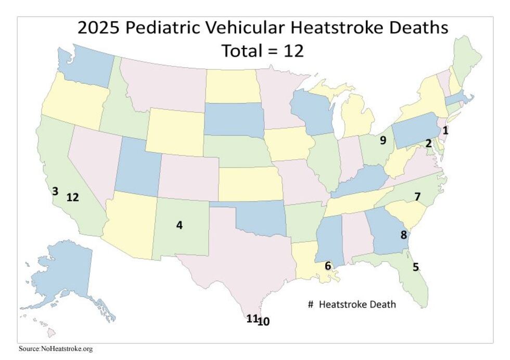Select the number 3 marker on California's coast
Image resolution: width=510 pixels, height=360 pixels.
[55, 191]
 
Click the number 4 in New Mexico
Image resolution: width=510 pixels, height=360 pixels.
[180, 225]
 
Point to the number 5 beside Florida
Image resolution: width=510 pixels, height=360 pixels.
[416, 267]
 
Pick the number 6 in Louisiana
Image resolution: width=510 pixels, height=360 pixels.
[328, 266]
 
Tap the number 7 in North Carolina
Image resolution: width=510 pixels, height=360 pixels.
[417, 197]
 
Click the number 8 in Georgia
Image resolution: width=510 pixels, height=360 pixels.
[403, 234]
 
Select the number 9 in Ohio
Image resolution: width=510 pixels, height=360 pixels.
[383, 140]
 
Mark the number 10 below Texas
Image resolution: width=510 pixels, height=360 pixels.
[264, 322]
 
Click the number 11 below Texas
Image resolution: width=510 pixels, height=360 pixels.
[252, 319]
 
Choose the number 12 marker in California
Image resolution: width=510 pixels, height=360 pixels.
[72, 197]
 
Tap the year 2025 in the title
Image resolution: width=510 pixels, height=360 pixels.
[99, 28]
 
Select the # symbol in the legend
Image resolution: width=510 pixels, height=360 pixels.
[310, 304]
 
